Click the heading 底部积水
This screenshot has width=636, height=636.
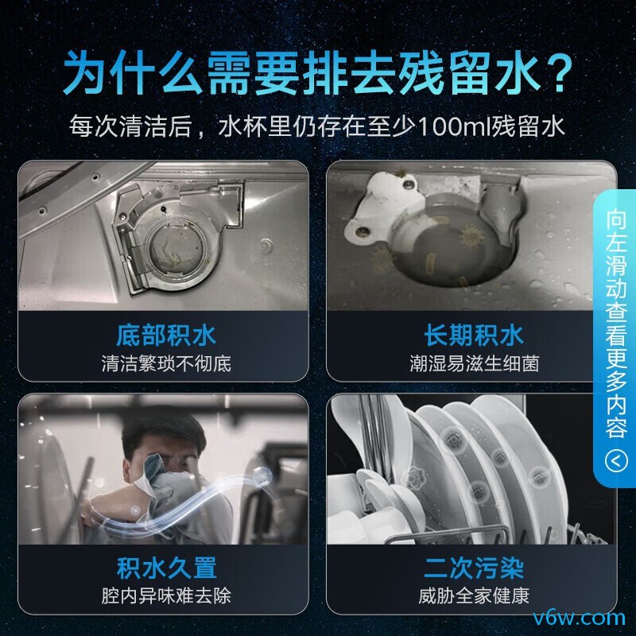(x=166, y=335)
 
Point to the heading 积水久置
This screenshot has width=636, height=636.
(x=166, y=568)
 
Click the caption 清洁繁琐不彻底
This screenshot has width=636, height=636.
(x=166, y=364)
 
